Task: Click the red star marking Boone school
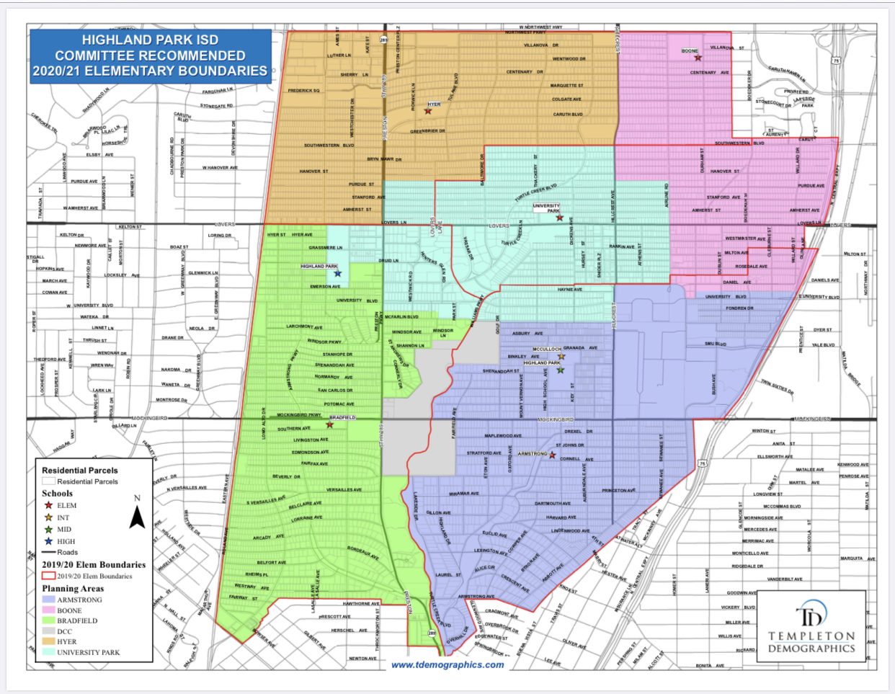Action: pos(698,58)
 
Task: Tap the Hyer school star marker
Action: pos(428,111)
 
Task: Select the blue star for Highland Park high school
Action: pos(337,273)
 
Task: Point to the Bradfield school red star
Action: pos(329,424)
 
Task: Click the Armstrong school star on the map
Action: pos(552,455)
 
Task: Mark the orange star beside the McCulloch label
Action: pos(561,356)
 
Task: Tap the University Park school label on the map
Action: pos(546,208)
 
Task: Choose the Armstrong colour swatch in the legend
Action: pos(48,600)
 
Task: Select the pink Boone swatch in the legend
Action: pos(48,610)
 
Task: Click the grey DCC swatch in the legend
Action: pos(48,631)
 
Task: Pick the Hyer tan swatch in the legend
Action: pos(48,641)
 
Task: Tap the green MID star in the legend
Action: pos(48,529)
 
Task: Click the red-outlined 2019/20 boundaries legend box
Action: pos(48,577)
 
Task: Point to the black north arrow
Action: pos(137,517)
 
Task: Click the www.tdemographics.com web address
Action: pos(447,664)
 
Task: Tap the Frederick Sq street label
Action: pos(303,91)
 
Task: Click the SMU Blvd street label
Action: pos(716,344)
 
